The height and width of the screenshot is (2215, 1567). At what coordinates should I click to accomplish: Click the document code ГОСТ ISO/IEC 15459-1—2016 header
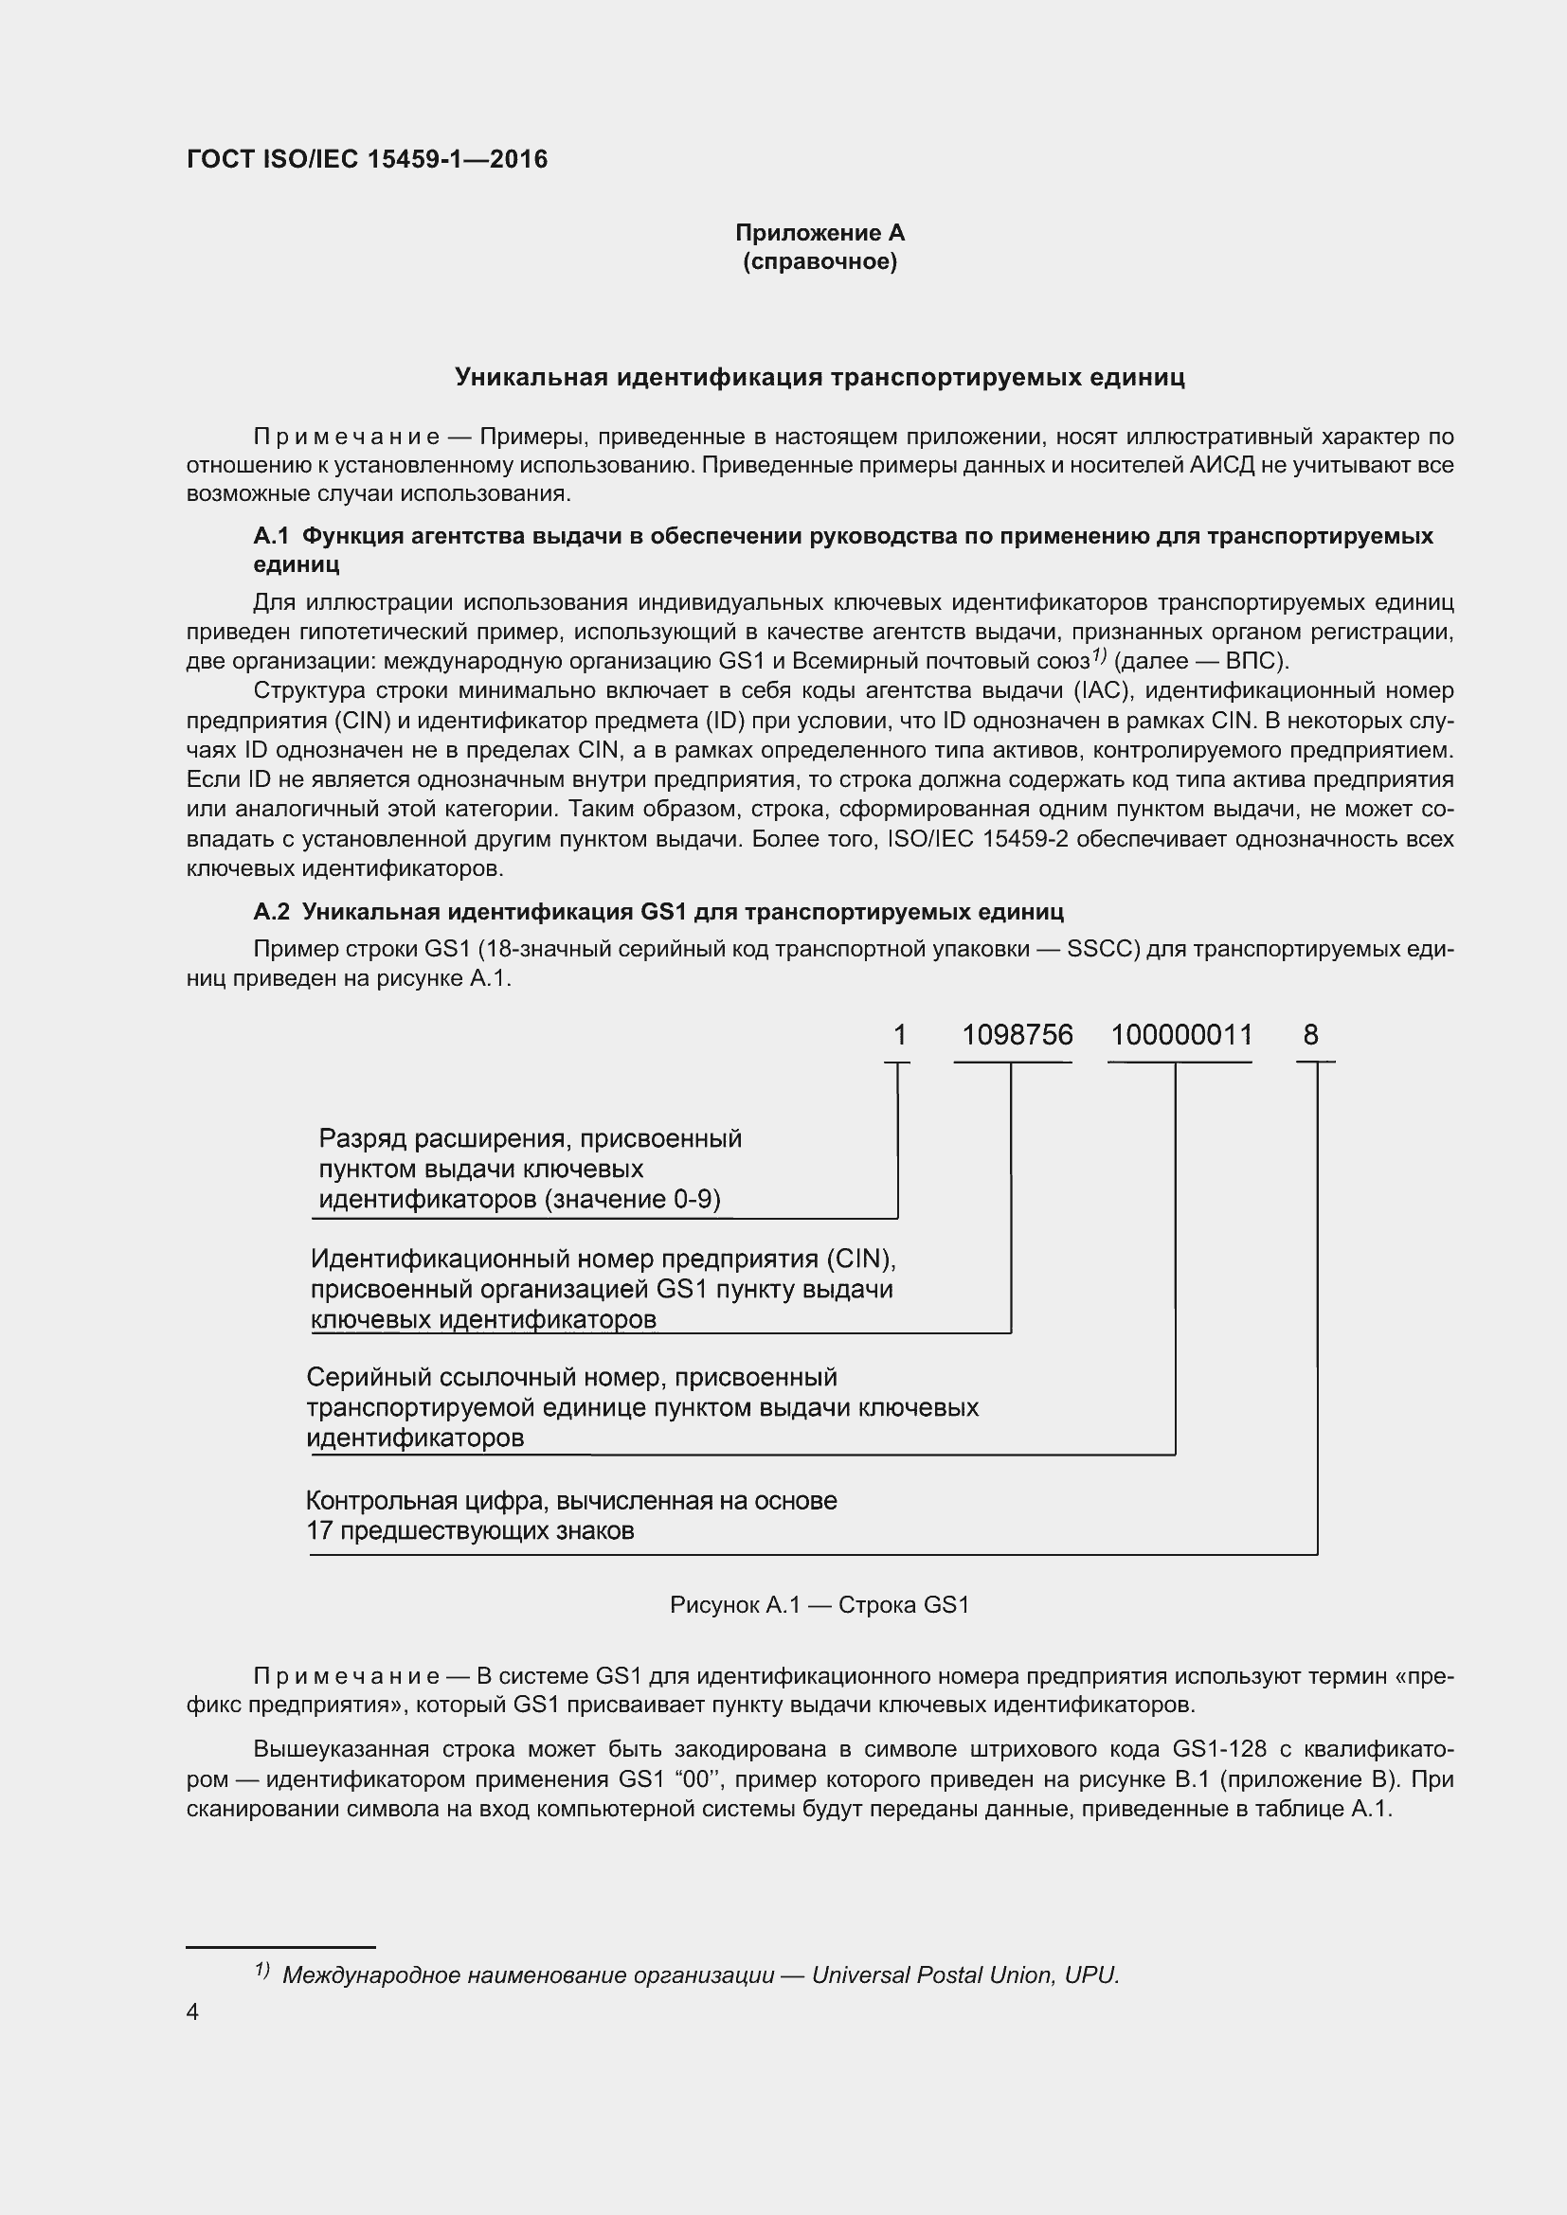367,159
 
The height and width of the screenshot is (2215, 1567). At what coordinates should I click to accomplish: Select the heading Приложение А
820,233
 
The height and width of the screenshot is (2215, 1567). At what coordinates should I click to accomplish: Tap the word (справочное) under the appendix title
820,262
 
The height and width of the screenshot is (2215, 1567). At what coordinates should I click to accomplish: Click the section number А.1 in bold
271,535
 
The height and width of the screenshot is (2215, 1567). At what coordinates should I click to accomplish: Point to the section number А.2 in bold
271,912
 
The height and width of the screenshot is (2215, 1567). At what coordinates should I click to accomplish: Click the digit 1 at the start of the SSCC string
899,1035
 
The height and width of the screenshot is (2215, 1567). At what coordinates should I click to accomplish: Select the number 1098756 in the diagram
1017,1035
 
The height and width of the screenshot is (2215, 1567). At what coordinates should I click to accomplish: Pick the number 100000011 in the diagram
1181,1035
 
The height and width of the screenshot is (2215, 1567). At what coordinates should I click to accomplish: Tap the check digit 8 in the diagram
1310,1035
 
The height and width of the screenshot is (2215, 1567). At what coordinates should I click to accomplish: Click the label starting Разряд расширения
530,1139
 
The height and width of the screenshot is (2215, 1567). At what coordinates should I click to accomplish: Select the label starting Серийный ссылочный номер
571,1378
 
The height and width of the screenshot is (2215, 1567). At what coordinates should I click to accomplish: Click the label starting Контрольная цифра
571,1501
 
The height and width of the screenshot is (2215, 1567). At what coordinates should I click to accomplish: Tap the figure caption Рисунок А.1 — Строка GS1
820,1605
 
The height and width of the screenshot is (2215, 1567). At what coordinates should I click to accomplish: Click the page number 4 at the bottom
192,2012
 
